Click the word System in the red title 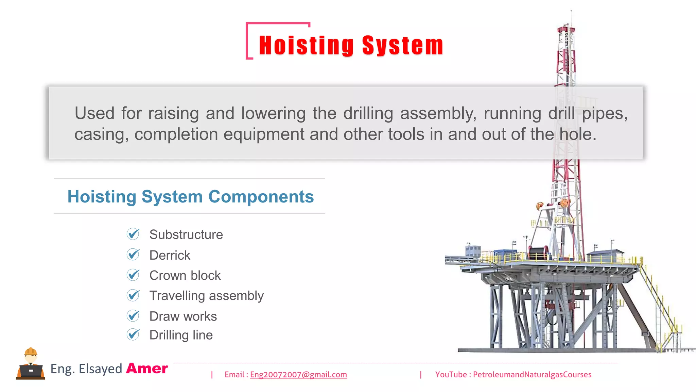403,46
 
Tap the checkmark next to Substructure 133,234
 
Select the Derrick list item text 170,255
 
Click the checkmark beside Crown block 133,275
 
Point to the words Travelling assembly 206,296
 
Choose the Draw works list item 183,316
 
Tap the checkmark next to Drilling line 133,334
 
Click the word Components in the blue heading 261,197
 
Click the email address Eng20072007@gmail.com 298,375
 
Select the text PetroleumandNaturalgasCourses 532,375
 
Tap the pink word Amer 147,369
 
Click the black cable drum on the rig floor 538,254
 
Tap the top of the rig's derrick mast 566,27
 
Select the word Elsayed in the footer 100,369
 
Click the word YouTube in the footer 451,375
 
